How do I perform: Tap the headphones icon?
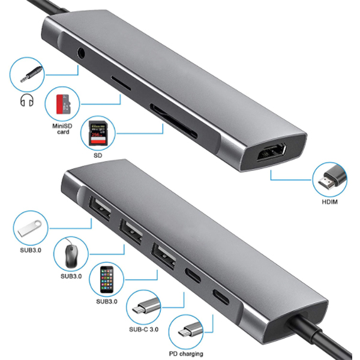pyautogui.click(x=27, y=100)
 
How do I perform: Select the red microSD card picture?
pyautogui.click(x=62, y=104)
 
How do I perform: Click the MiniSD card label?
pyautogui.click(x=62, y=129)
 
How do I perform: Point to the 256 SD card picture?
pyautogui.click(x=98, y=133)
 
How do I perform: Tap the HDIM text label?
pyautogui.click(x=329, y=202)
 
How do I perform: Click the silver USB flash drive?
pyautogui.click(x=30, y=228)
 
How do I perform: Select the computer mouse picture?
pyautogui.click(x=70, y=254)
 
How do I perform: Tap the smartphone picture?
pyautogui.click(x=107, y=280)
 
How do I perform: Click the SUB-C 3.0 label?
pyautogui.click(x=144, y=329)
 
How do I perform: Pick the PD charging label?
pyautogui.click(x=186, y=353)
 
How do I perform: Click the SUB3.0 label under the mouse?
pyautogui.click(x=71, y=276)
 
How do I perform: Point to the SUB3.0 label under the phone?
pyautogui.click(x=107, y=301)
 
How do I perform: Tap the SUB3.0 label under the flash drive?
pyautogui.click(x=31, y=250)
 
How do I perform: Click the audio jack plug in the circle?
pyautogui.click(x=31, y=74)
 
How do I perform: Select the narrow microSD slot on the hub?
pyautogui.click(x=121, y=83)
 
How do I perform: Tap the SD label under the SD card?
pyautogui.click(x=98, y=155)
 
